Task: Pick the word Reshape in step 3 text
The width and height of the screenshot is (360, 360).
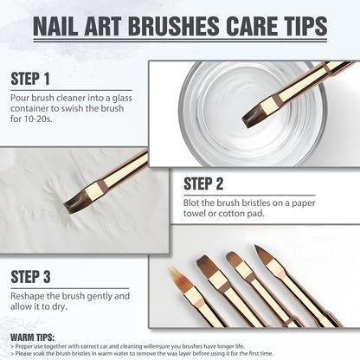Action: pos(29,296)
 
